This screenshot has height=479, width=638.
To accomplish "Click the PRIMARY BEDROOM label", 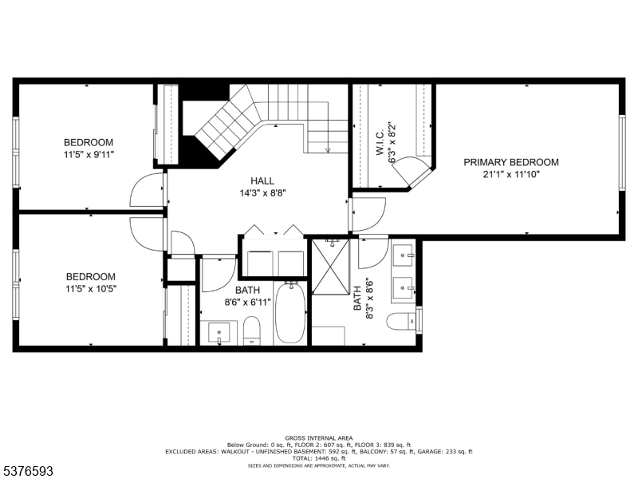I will point(511,162).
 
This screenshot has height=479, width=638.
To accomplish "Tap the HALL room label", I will point(262,180).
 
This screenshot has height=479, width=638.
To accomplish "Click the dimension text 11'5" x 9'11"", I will point(89,154).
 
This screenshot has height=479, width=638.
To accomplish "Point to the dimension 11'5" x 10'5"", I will point(89,288).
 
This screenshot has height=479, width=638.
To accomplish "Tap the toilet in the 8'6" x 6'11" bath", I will point(251,331).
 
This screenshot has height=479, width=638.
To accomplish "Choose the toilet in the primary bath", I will point(401,323).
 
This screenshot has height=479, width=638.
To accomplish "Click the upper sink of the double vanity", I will point(405,255).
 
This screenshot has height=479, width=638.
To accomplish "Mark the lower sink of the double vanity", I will point(405,285).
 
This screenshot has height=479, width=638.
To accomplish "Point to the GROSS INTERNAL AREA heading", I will point(318,438).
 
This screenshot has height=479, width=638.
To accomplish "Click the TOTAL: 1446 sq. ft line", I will point(318,458).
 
